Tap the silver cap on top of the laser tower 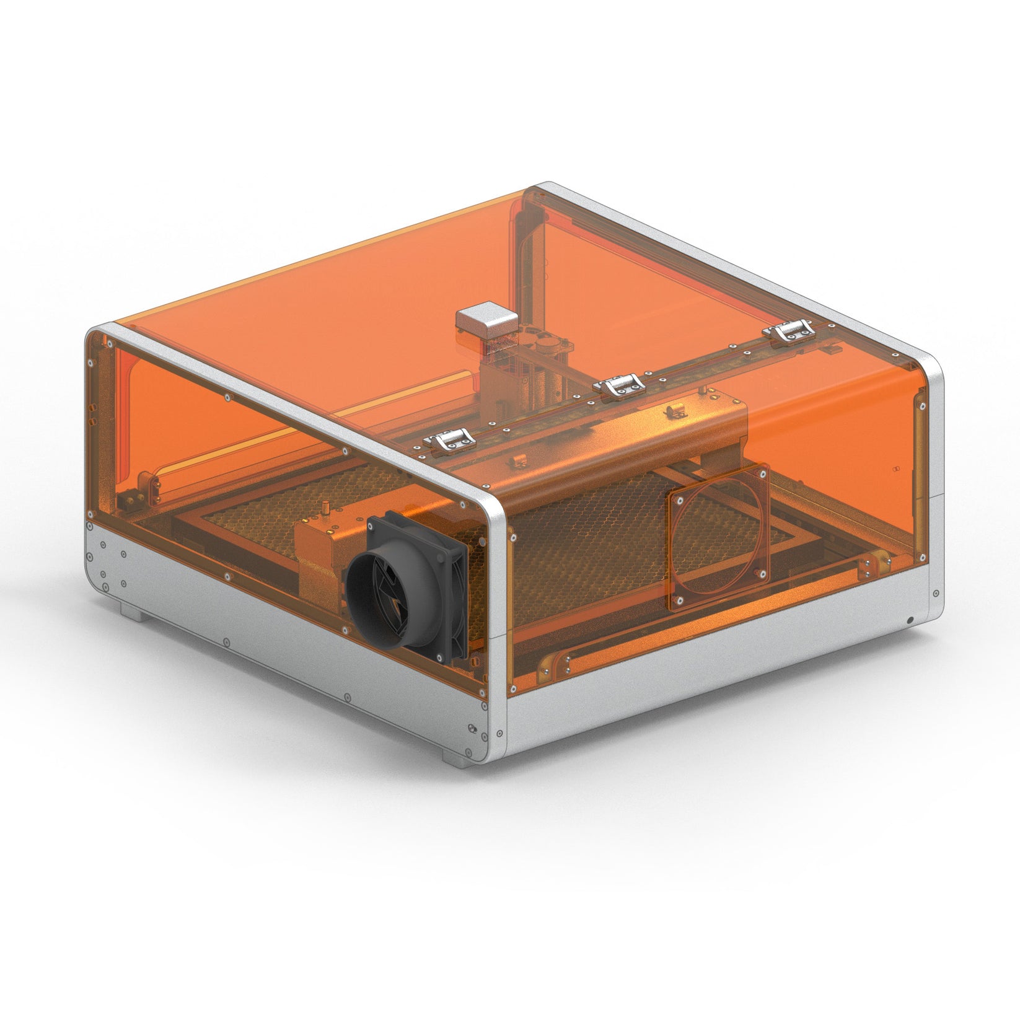tap(486, 318)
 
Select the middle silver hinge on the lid tap(620, 385)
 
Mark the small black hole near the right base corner tap(910, 620)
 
